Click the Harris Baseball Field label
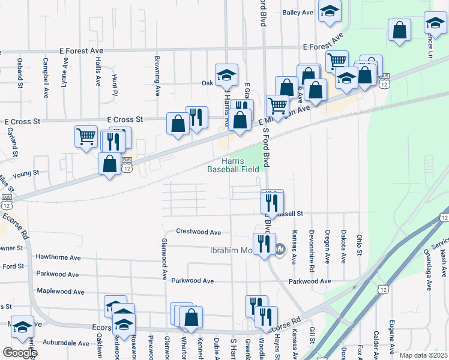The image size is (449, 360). click(x=233, y=165)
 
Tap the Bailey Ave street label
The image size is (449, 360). click(x=298, y=12)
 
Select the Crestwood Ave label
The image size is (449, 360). click(x=199, y=232)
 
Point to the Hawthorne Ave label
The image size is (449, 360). click(x=58, y=257)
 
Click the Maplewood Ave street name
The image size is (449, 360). click(x=61, y=292)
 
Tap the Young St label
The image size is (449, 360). click(x=28, y=172)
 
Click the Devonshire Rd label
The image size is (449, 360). click(x=312, y=246)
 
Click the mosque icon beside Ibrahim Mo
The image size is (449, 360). click(x=280, y=248)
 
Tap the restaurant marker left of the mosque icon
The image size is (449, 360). click(x=264, y=244)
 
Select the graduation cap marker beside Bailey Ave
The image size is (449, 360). click(x=329, y=11)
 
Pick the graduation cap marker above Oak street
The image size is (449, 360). click(x=226, y=74)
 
